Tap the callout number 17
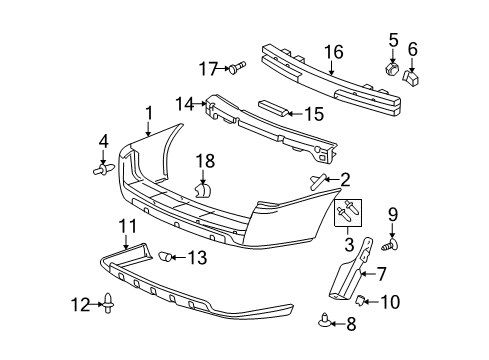click(x=207, y=68)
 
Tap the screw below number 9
click(x=389, y=244)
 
